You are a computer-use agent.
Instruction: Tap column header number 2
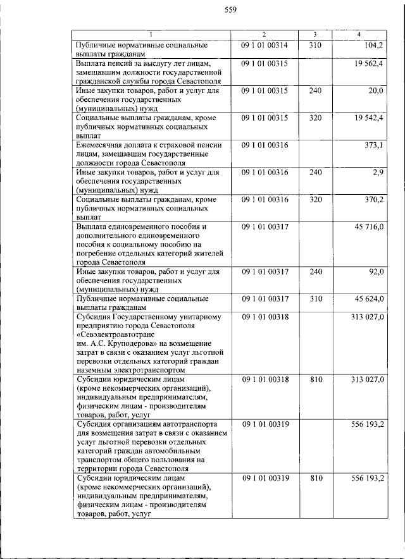(x=265, y=34)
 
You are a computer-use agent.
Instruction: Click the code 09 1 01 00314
(x=265, y=46)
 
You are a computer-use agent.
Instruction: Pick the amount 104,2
(x=373, y=46)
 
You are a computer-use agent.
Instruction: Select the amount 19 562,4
(x=368, y=64)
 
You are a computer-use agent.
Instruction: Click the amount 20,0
(x=376, y=91)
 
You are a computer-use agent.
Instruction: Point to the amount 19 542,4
(x=368, y=118)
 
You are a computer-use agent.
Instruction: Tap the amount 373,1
(x=373, y=145)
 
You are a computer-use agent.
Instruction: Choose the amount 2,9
(x=378, y=173)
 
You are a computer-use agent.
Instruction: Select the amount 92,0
(x=376, y=272)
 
